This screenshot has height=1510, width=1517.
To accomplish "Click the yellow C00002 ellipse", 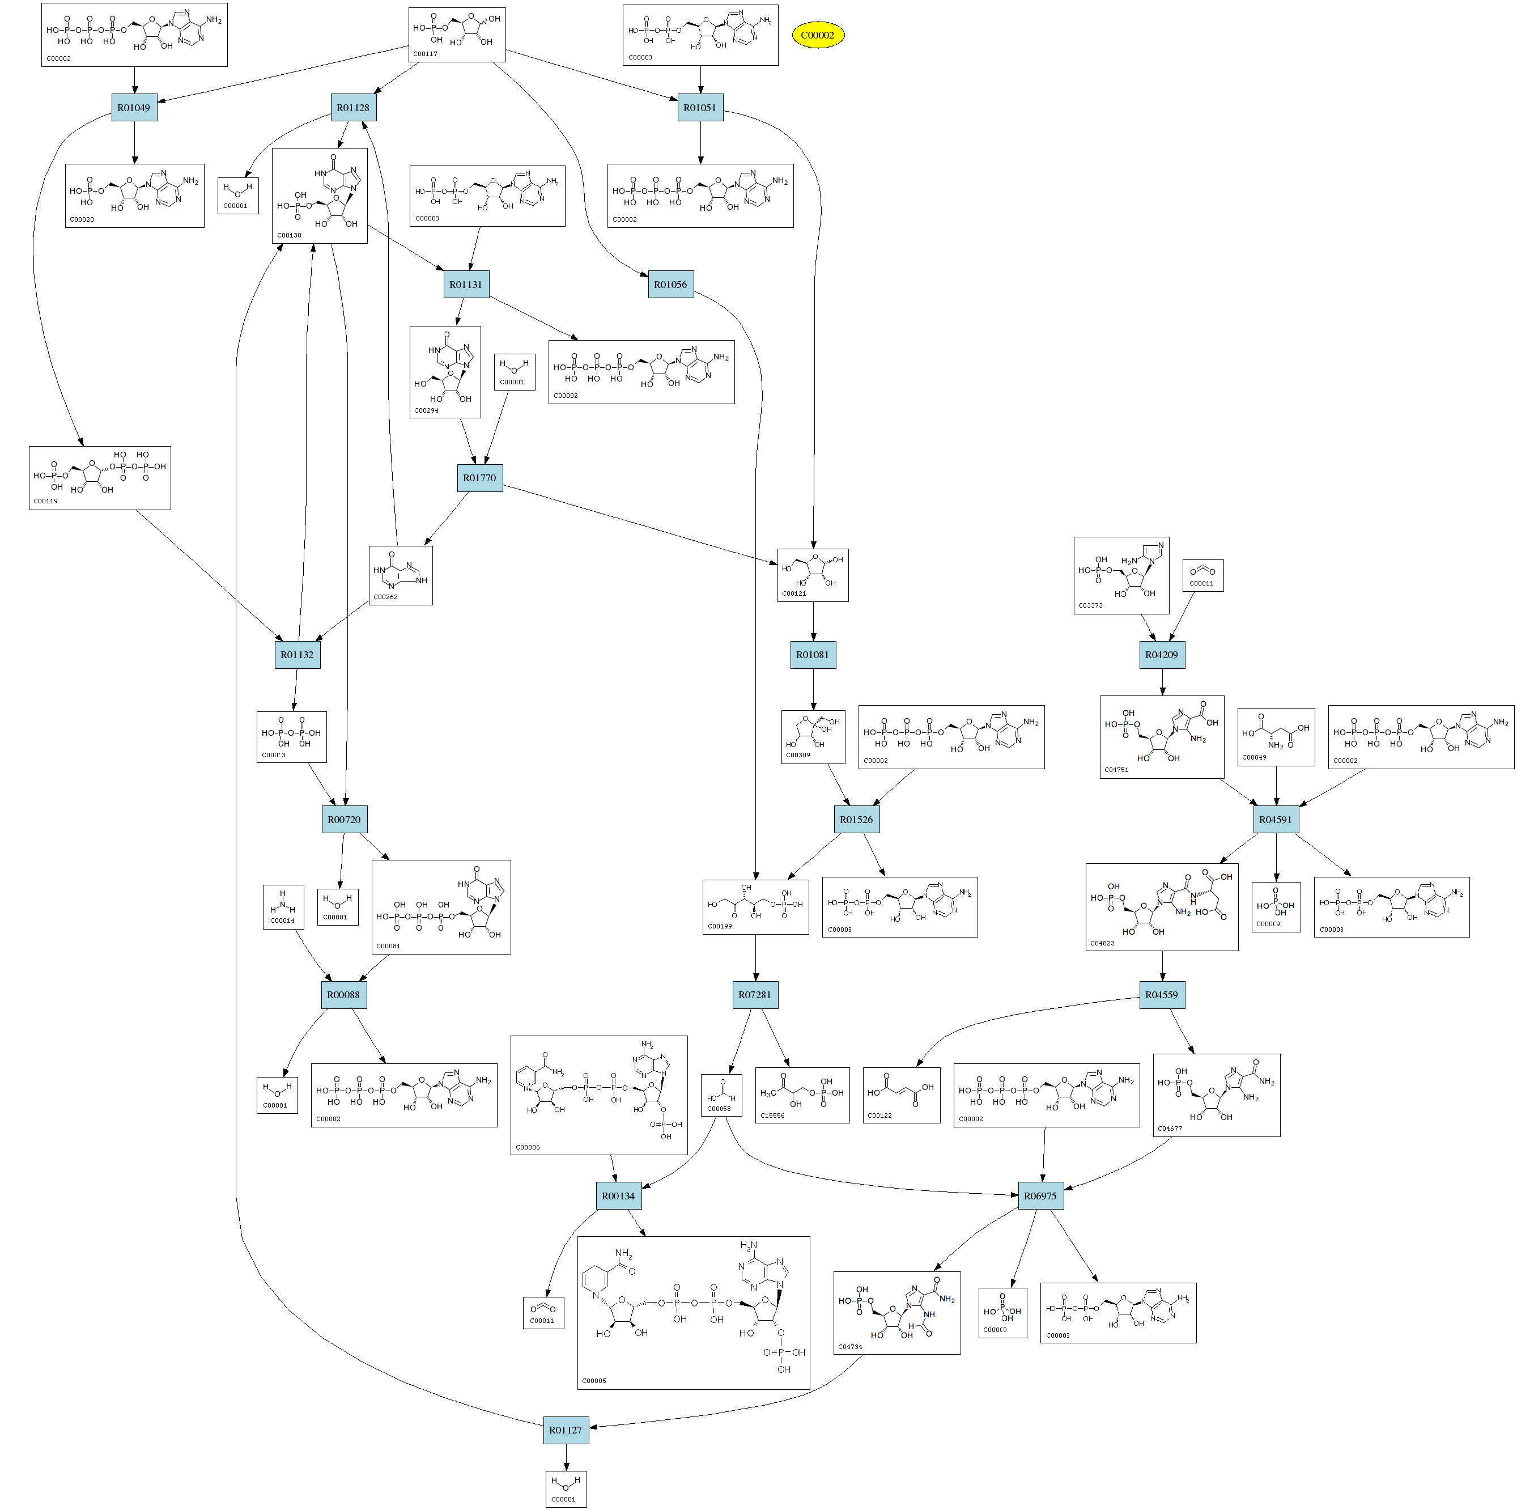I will pos(817,35).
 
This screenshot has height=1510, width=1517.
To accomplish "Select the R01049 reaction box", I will pos(134,108).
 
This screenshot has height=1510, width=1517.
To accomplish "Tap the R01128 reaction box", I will pos(354,108).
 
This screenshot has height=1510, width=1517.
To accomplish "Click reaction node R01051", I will pos(700,108).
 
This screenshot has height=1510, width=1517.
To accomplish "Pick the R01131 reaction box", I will pos(466,284).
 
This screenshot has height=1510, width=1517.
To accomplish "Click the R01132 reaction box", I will pos(298,654).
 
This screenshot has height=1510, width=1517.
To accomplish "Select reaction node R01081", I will pos(813,654).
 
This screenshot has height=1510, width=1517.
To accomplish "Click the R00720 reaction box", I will pos(344,819).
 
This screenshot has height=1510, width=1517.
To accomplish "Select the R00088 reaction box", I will pos(343,995).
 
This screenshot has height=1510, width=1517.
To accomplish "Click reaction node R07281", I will pos(755,995).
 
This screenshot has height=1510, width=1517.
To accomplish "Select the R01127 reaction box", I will pos(566,1430).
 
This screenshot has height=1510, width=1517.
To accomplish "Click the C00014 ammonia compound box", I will pos(283,907).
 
